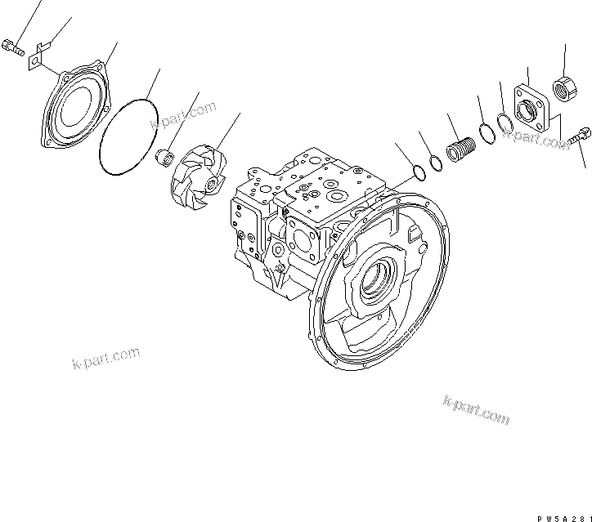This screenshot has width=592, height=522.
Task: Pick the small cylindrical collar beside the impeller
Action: (165, 156)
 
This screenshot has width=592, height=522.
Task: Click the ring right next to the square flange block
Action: (505, 123)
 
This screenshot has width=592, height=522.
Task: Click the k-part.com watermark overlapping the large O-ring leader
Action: (183, 116)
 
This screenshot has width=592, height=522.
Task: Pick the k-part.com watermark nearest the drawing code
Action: (476, 409)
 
